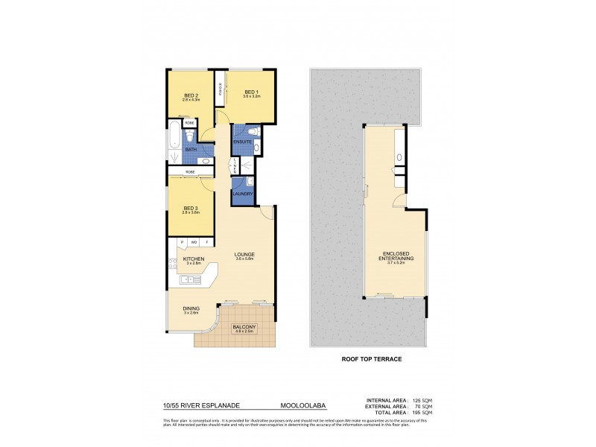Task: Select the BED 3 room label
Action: click(191, 208)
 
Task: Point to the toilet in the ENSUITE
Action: click(252, 132)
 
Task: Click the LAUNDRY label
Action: click(243, 194)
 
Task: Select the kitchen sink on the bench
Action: click(188, 280)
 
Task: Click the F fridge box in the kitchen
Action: click(206, 243)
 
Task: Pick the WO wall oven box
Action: click(193, 243)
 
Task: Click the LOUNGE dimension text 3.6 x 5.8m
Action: click(245, 259)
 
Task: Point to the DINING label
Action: click(191, 309)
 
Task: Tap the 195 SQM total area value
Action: click(422, 413)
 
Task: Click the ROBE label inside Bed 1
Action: click(221, 89)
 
